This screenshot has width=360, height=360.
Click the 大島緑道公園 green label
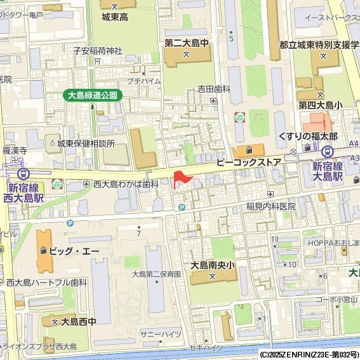[93, 95]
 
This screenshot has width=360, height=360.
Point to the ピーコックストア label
[248, 163]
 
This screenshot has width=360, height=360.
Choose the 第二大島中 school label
[186, 43]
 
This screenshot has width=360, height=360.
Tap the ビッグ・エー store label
[74, 251]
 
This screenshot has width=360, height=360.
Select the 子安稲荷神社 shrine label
[97, 50]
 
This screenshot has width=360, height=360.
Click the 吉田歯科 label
[213, 90]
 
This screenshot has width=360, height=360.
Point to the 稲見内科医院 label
[270, 206]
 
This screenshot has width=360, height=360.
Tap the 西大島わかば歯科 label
[126, 184]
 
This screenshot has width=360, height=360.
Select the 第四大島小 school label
[321, 105]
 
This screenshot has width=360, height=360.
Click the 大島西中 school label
[78, 322]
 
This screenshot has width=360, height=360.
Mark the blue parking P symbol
[182, 207]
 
